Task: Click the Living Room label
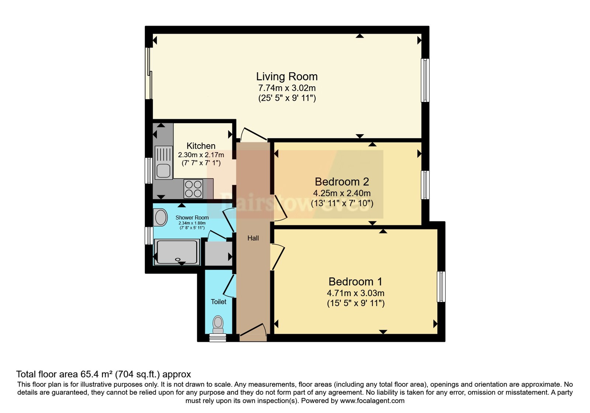[x=287, y=77]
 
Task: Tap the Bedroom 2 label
[x=342, y=182]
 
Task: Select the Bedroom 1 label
[x=355, y=282]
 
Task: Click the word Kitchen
[x=201, y=146]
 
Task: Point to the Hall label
[x=253, y=238]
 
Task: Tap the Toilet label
[x=218, y=302]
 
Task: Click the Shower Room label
[x=192, y=218]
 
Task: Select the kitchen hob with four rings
[x=194, y=189]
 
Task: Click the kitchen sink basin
[x=163, y=170]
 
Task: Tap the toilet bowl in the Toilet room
[x=218, y=325]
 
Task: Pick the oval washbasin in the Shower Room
[x=161, y=218]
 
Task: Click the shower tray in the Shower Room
[x=177, y=252]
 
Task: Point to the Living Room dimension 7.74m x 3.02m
[x=287, y=88]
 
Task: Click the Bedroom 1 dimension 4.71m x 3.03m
[x=355, y=293]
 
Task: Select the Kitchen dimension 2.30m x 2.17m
[x=201, y=155]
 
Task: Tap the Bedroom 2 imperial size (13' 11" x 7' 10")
[x=342, y=203]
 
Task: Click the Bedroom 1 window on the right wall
[x=441, y=287]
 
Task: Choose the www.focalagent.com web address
[x=372, y=400]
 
